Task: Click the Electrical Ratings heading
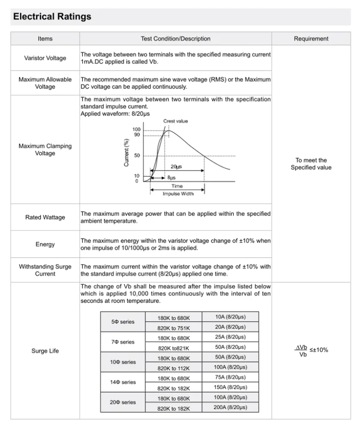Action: coord(52,17)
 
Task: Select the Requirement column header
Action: coord(311,39)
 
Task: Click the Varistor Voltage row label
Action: coord(45,58)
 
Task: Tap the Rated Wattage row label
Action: coord(45,217)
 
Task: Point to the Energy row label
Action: coord(45,244)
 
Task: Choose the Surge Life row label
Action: coord(45,351)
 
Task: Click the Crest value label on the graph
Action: coord(175,121)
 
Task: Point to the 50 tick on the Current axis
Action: coord(137,156)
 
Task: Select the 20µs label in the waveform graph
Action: coord(176,166)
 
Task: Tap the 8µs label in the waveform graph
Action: coord(172,178)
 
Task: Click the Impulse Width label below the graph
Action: coord(178,194)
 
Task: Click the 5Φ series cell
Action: coord(123,322)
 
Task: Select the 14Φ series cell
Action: coord(123,382)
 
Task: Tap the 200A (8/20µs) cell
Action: coord(229,407)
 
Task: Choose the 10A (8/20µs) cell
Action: coord(230,317)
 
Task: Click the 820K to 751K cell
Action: coord(174,328)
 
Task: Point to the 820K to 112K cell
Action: coord(174,368)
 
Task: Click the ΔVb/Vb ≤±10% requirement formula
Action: coord(311,351)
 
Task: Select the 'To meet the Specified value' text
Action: coord(311,164)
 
